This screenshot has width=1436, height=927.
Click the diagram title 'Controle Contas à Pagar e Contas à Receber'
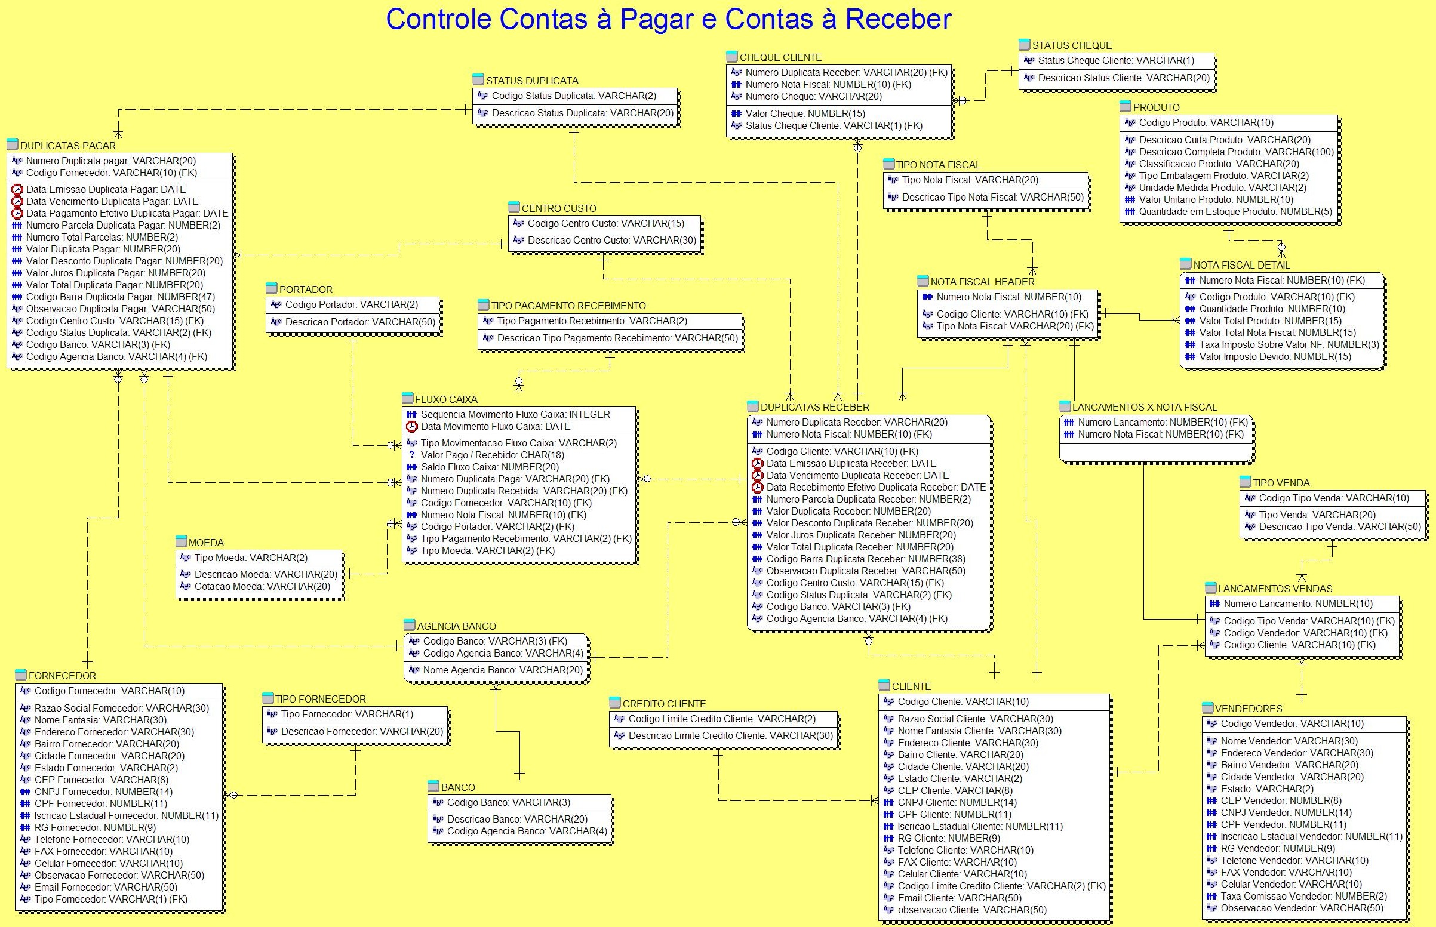[668, 19]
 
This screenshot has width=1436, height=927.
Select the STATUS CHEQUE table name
[1072, 45]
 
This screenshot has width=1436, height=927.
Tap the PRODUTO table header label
[1156, 107]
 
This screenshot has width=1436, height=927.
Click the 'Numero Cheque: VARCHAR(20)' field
[813, 96]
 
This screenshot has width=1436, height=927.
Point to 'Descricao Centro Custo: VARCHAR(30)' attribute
[612, 240]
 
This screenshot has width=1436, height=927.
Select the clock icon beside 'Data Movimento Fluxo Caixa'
[412, 427]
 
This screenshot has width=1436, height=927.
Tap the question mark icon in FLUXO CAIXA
[412, 455]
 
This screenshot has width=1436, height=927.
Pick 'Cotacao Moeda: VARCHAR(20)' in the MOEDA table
[262, 586]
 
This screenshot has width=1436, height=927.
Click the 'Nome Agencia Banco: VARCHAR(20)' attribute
[503, 670]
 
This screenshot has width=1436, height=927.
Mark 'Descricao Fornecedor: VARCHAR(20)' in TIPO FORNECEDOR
[362, 731]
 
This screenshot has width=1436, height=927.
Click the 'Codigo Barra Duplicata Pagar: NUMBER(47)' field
[121, 297]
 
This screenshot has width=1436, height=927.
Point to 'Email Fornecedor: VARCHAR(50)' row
[105, 887]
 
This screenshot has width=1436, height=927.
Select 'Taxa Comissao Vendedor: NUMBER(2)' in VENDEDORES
[1303, 897]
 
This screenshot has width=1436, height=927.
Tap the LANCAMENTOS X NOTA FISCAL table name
[1144, 407]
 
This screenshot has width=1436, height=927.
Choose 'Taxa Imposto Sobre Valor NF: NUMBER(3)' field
[1289, 345]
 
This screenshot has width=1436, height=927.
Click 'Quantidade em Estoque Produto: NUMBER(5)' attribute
[1235, 212]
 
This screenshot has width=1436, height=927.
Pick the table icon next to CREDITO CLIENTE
[615, 703]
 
